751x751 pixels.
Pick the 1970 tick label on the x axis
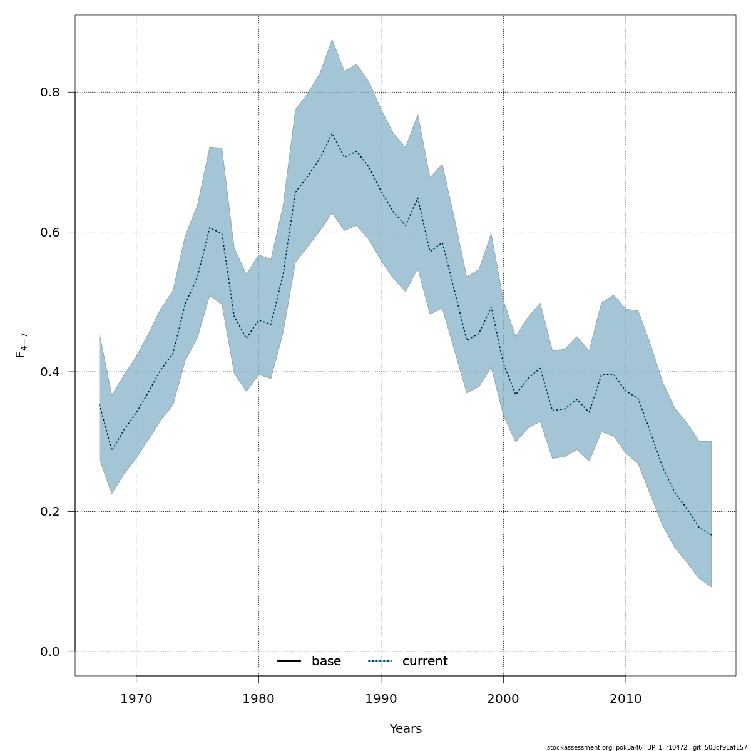[136, 699]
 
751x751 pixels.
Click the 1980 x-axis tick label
[258, 699]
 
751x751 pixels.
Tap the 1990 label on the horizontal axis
[381, 699]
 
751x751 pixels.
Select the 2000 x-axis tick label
[503, 699]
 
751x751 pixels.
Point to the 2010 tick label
[626, 699]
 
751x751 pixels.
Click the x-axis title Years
[406, 729]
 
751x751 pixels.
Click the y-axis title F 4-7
[20, 345]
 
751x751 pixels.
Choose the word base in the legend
[326, 662]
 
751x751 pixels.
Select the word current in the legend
[425, 662]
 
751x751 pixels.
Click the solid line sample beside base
[289, 662]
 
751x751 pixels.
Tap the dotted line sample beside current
[380, 662]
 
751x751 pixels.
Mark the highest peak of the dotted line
[332, 133]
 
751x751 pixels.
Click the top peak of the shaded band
[332, 39]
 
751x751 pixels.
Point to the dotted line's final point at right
[712, 535]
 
